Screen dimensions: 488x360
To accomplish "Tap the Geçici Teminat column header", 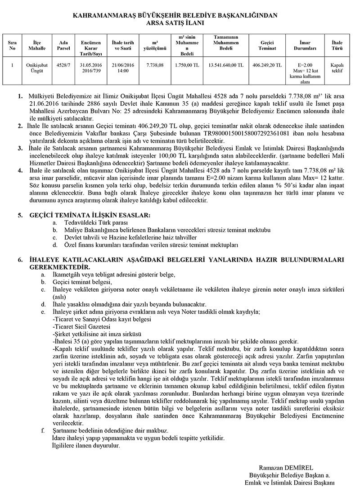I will [267, 45].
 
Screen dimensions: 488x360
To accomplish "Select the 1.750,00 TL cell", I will [187, 65].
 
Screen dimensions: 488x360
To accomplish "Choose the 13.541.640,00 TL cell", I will [226, 65].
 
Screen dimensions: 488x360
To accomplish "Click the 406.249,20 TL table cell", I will [267, 65].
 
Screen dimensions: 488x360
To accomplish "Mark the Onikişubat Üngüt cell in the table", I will [37, 68].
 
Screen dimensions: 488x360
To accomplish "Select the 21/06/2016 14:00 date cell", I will [120, 68].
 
